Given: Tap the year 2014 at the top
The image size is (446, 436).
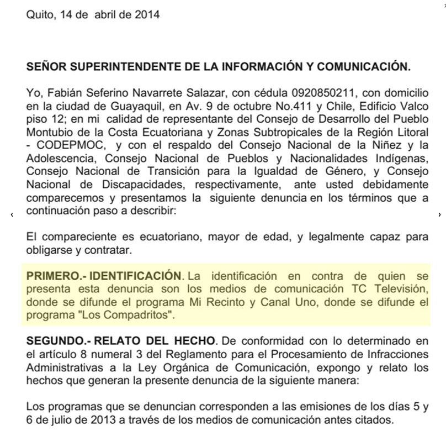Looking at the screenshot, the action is [147, 15].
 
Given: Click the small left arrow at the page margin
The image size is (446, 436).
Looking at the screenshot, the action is [12, 214].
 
